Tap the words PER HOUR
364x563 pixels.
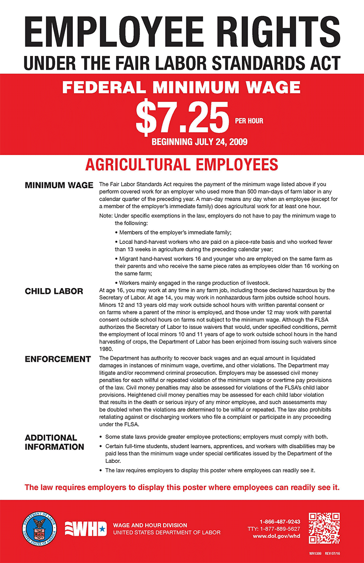(249, 121)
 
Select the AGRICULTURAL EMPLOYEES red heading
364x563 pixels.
(182, 165)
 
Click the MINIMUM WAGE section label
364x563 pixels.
(59, 185)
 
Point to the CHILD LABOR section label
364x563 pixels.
(54, 291)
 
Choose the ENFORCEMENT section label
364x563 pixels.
(57, 359)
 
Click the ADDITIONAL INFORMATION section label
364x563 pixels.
(54, 442)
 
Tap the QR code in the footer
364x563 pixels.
(324, 528)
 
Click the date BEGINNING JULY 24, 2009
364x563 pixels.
(199, 141)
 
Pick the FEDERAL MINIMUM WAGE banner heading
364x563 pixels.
(181, 87)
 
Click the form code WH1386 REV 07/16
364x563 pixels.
(324, 554)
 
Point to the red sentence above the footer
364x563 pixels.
(182, 487)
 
